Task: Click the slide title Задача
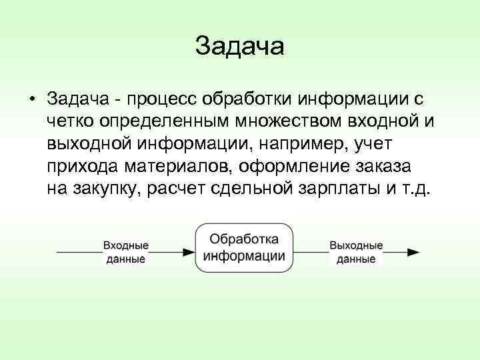tap(240, 46)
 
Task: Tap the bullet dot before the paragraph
tap(32, 99)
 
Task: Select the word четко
tap(70, 122)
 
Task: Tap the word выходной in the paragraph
tap(90, 144)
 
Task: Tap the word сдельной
tap(249, 189)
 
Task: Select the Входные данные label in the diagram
tap(125, 253)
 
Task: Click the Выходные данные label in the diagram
tap(355, 253)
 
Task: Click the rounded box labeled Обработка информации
tap(245, 247)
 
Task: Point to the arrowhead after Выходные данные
tap(413, 253)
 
